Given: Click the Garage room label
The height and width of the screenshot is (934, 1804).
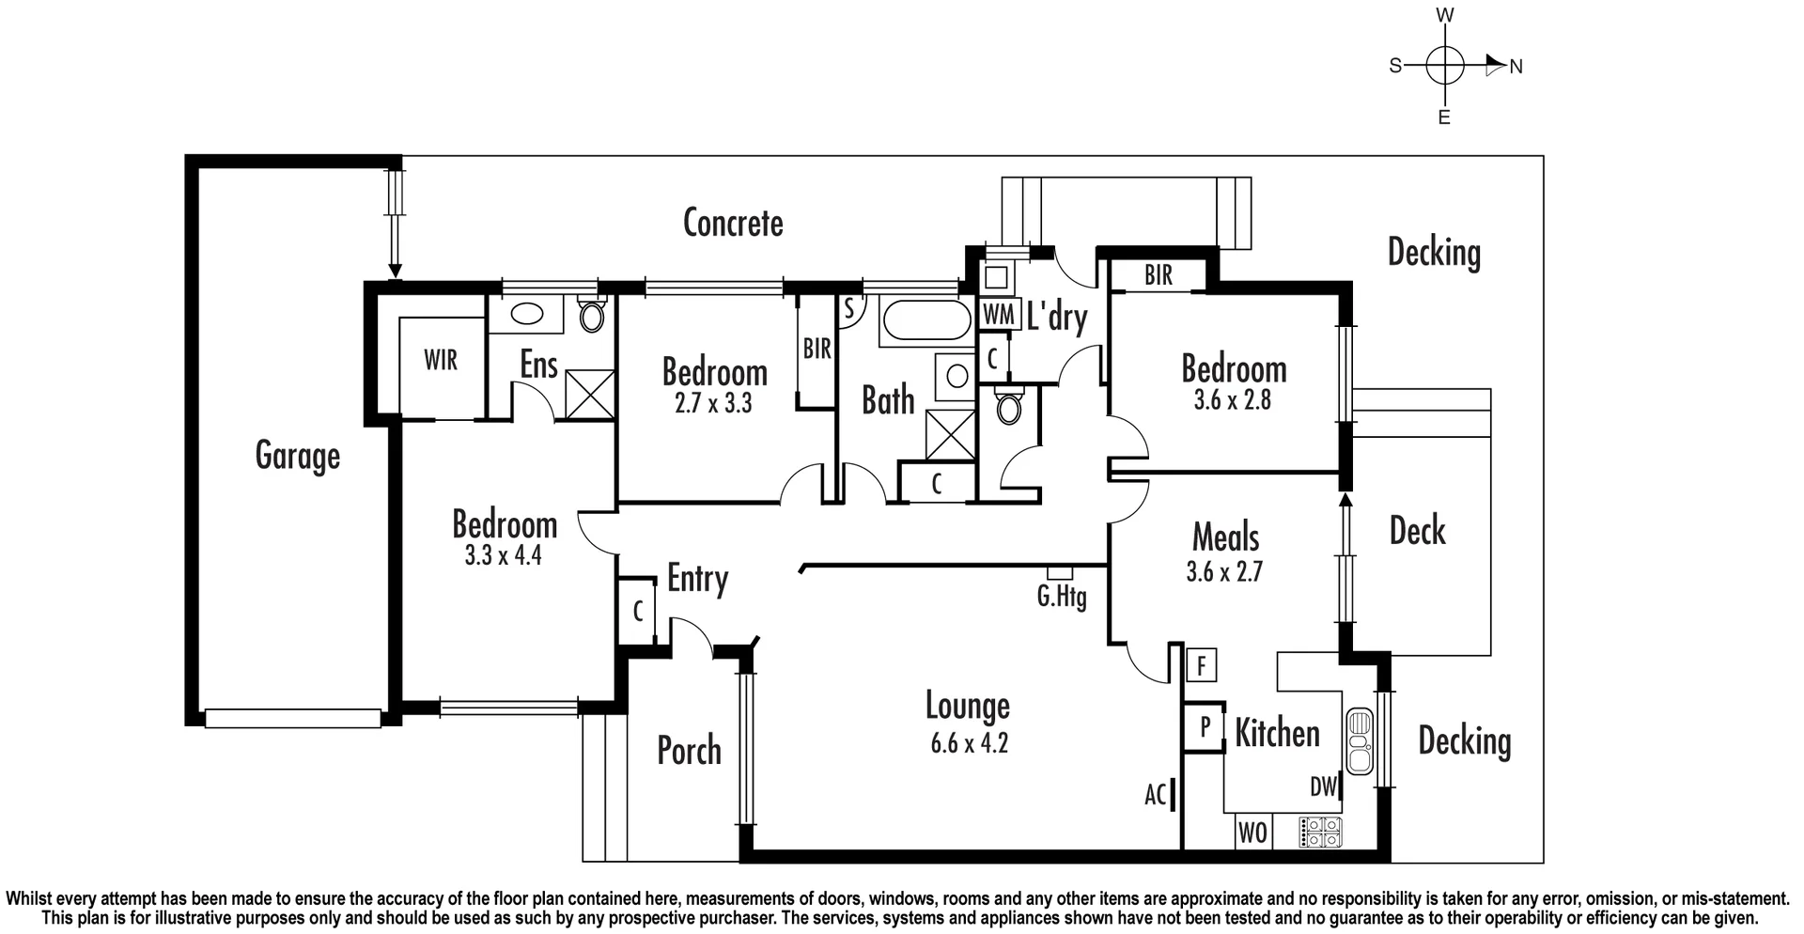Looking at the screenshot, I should [x=297, y=457].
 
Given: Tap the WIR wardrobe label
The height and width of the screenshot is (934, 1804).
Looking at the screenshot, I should [x=441, y=360].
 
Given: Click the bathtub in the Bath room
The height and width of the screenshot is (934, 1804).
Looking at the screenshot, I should [x=925, y=320].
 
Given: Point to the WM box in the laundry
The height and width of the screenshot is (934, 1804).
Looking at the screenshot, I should [x=999, y=315].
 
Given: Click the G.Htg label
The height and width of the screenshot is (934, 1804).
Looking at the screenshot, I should [x=1062, y=597].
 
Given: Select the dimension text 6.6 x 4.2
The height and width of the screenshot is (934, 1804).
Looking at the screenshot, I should [x=969, y=744].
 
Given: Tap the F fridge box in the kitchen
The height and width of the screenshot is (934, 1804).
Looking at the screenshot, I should [x=1201, y=666].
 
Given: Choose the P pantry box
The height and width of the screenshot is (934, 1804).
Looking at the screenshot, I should [x=1205, y=726].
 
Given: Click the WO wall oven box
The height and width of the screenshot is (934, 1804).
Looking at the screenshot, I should [x=1252, y=833].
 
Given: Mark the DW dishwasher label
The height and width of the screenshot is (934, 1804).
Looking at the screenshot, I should [x=1323, y=787].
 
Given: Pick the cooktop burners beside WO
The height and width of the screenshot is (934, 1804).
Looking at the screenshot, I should [x=1320, y=831].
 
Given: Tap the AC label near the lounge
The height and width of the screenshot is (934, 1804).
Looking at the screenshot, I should [x=1156, y=795].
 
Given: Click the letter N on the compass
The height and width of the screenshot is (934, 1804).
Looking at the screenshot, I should [x=1516, y=67].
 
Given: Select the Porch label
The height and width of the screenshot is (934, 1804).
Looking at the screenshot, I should [x=689, y=751].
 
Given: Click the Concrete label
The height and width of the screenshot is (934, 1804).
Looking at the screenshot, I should [x=733, y=223].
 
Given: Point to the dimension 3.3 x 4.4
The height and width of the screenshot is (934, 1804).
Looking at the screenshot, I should [x=503, y=556].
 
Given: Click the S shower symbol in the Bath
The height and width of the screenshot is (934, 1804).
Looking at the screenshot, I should [x=848, y=308].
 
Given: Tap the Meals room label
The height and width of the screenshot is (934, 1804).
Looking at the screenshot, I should [x=1225, y=537].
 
